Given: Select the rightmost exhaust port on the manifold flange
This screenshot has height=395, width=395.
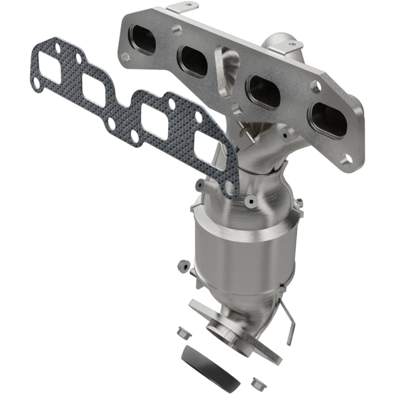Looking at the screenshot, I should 329,119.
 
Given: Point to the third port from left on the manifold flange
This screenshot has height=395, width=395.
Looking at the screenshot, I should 264,91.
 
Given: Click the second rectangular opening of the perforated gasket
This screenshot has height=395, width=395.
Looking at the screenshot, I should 94,90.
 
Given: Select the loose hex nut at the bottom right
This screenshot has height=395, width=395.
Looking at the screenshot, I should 257,383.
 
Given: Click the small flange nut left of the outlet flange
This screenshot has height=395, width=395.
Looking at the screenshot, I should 183,332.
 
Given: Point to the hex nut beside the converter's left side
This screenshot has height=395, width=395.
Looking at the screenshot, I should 181,266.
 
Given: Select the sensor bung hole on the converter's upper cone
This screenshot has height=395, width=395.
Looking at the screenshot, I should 250,201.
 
